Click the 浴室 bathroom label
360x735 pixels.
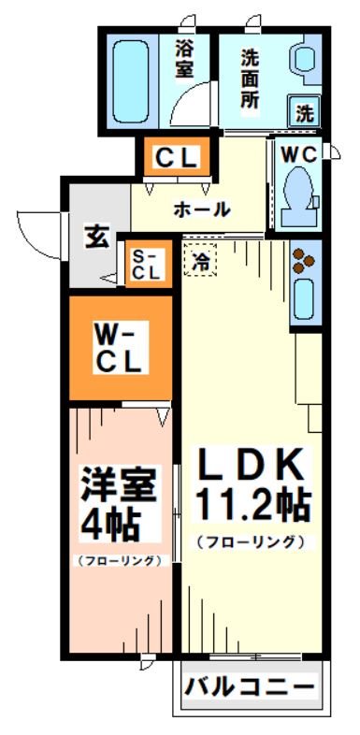pos(184,57)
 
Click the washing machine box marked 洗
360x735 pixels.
pos(305,113)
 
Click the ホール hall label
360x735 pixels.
pos(199,209)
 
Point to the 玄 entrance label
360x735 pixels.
pos(96,237)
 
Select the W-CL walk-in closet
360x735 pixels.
pos(120,347)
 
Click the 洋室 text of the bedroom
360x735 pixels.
pos(109,485)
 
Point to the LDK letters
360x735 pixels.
pos(251,464)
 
